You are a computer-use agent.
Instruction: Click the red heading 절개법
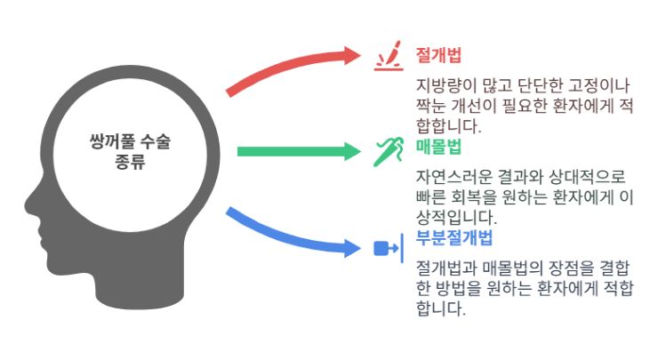[x=438, y=55]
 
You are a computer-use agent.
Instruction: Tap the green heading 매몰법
[x=438, y=147]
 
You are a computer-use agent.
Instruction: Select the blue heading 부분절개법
[x=454, y=237]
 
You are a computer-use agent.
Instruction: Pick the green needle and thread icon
[x=389, y=151]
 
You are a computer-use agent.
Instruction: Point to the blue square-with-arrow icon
[x=389, y=248]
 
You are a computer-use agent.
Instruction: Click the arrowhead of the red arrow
[x=351, y=55]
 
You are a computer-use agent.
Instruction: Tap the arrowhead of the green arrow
[x=351, y=151]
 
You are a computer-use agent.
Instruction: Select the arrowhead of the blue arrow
[x=351, y=248]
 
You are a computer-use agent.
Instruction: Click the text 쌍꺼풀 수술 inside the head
[x=130, y=142]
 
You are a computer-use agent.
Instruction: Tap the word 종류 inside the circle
[x=130, y=162]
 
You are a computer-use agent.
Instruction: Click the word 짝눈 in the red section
[x=431, y=105]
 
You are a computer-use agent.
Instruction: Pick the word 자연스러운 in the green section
[x=454, y=177]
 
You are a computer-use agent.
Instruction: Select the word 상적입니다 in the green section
[x=456, y=218]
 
